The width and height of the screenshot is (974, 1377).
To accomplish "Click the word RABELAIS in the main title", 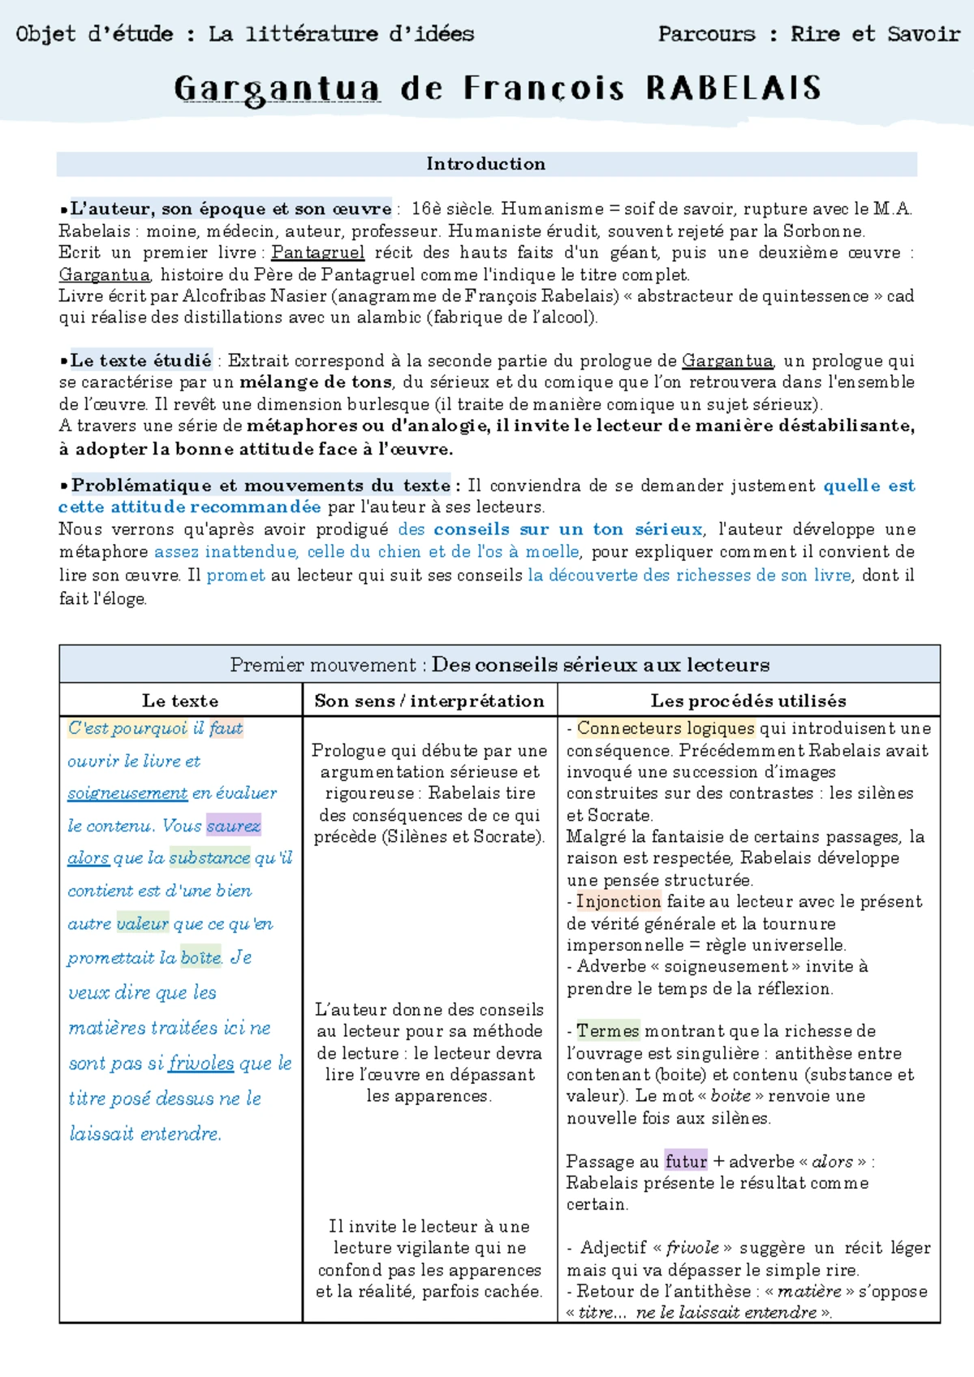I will [x=734, y=88].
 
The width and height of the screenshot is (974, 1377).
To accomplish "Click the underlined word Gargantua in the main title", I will [x=277, y=88].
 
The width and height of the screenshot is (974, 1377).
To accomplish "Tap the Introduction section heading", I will [x=485, y=164].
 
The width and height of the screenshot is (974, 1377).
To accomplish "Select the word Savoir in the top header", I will [x=924, y=34].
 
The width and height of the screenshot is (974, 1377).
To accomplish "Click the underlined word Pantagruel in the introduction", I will [x=317, y=253].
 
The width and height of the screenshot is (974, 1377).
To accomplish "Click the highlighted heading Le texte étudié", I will [x=140, y=360].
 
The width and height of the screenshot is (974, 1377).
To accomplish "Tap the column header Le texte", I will [x=180, y=700].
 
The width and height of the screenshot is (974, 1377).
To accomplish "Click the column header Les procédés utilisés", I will [x=748, y=700].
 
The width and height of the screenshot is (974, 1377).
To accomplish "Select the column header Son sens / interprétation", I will [x=429, y=700].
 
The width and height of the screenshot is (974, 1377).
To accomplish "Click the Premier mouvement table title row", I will [x=499, y=664].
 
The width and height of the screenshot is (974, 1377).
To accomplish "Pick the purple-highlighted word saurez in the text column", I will [x=233, y=826].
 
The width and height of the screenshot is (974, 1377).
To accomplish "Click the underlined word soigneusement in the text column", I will [x=127, y=793].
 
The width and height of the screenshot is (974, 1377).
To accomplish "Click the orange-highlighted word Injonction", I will [x=618, y=901].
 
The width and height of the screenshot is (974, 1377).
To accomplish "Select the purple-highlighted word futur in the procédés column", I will [x=686, y=1161].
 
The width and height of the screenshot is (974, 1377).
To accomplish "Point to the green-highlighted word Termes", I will [x=608, y=1031].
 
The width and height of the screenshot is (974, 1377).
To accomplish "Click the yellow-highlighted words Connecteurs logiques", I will [x=665, y=728].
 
